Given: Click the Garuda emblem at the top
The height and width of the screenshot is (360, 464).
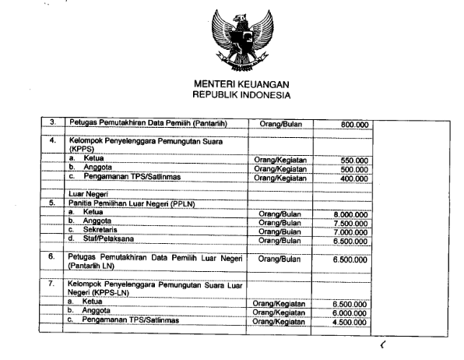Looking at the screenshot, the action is point(241,37).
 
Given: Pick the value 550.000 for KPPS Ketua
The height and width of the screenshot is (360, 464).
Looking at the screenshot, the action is point(354,160).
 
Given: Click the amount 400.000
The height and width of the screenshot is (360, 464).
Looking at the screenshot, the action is point(354,178).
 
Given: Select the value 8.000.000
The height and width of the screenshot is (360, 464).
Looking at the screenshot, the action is point(350,212).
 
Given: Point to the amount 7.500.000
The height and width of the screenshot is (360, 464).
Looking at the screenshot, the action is point(350,221).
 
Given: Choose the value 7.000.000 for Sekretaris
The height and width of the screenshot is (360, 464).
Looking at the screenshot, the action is point(350,231).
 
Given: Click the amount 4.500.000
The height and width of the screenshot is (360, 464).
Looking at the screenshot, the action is point(350,319).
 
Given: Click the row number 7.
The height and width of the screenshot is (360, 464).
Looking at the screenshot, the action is point(52,284).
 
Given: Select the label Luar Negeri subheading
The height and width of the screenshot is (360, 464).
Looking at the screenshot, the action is point(86,192).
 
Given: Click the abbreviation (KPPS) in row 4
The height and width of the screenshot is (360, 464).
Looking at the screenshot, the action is point(80,149).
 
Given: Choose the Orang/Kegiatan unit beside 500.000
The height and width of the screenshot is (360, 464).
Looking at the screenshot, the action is point(280,168).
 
